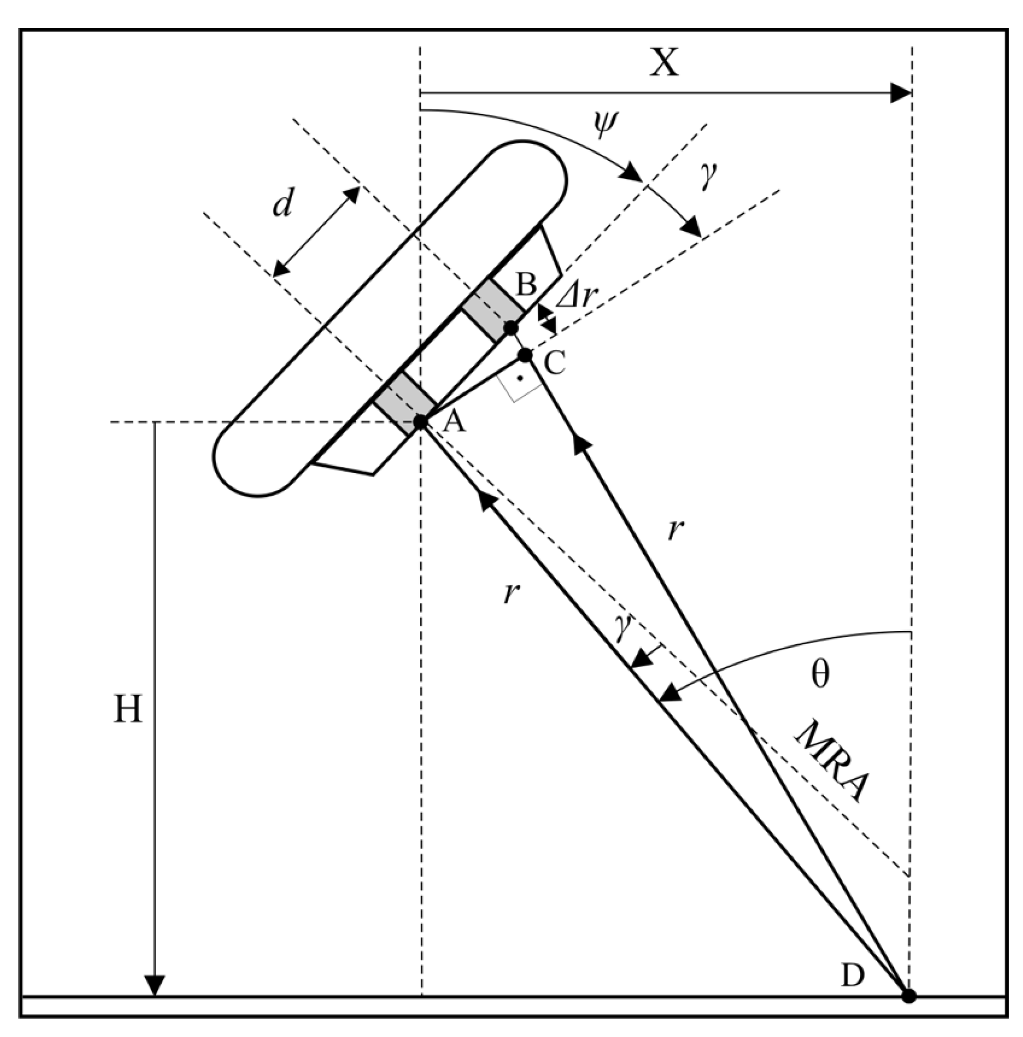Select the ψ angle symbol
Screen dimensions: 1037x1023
point(605,125)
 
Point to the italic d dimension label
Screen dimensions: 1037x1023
point(282,203)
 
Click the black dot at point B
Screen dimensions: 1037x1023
point(510,327)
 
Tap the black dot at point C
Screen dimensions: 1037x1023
point(526,355)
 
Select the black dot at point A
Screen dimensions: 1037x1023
point(420,422)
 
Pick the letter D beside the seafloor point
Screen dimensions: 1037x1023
point(852,975)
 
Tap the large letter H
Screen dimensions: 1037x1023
point(128,709)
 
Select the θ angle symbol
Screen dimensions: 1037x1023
point(820,674)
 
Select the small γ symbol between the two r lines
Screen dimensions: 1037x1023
point(622,628)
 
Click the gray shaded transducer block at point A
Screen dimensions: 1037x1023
point(405,403)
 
